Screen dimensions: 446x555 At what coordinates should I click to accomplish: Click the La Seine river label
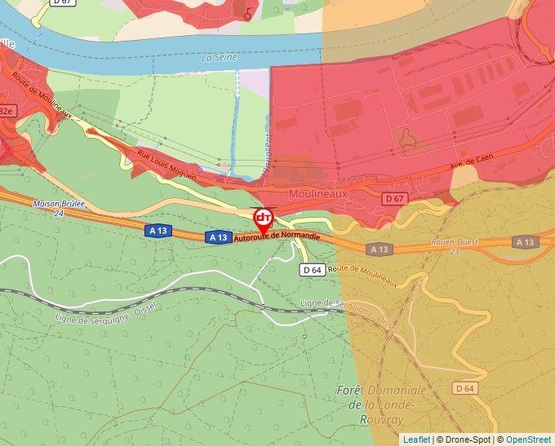tap(218, 58)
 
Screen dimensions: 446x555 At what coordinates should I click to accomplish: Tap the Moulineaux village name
tap(318, 194)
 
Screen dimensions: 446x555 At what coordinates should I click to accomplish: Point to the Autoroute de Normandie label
tap(277, 234)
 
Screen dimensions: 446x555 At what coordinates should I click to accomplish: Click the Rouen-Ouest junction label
tap(455, 242)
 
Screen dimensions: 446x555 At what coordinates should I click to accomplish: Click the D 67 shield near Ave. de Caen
tap(394, 198)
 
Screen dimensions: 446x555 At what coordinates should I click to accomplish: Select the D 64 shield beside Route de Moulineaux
tap(313, 269)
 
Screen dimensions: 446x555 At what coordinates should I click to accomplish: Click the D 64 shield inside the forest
tap(464, 388)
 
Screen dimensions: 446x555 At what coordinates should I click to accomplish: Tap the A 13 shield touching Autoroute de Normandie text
tap(217, 237)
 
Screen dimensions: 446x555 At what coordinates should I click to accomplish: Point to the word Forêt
tap(350, 391)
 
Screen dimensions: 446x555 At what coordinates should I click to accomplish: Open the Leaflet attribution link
tap(416, 439)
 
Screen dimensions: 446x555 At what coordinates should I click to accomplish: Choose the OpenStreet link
tap(530, 439)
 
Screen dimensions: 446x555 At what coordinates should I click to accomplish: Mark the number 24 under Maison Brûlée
tap(58, 213)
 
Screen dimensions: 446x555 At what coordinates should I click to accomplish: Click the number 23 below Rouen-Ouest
tap(455, 251)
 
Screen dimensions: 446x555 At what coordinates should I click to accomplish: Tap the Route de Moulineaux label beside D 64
tap(366, 275)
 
